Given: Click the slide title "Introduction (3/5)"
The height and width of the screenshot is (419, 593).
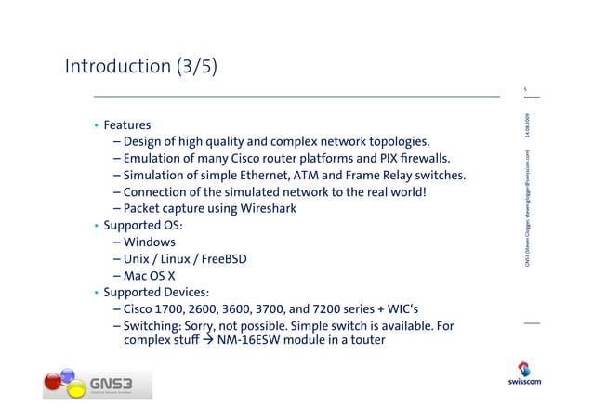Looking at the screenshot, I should tap(141, 66).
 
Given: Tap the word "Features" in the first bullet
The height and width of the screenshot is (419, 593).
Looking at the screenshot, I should tap(127, 124).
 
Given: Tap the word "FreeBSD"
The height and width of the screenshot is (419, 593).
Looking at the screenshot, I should tap(223, 258).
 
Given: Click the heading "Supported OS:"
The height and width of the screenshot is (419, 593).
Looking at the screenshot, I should tap(143, 225).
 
